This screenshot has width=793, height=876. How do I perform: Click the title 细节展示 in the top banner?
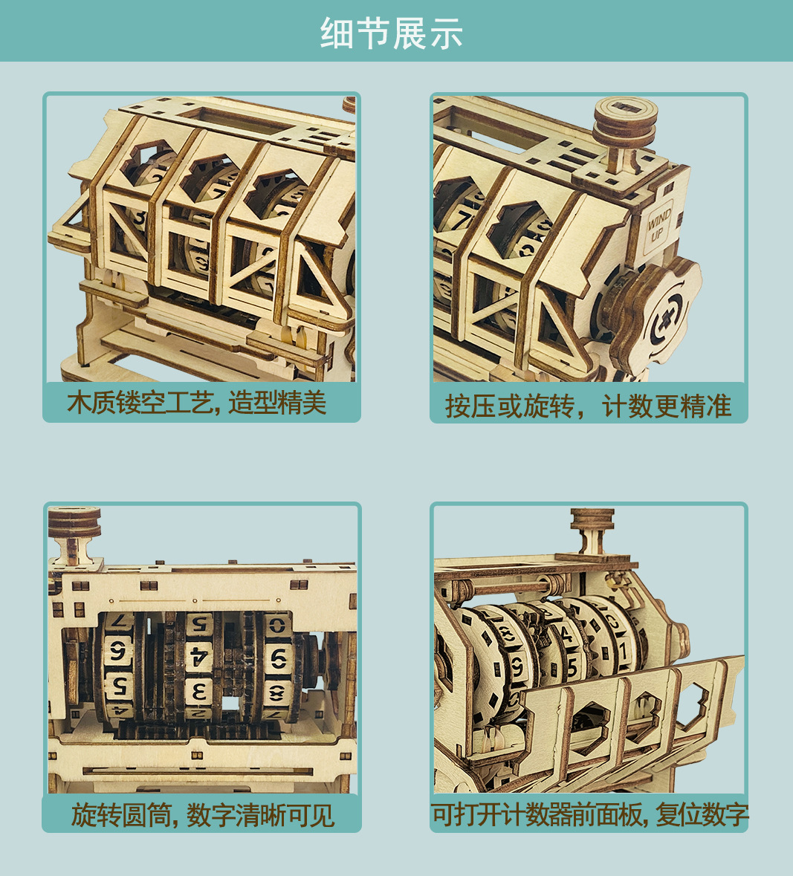click(x=392, y=33)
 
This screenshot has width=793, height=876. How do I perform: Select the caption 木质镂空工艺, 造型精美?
click(x=197, y=403)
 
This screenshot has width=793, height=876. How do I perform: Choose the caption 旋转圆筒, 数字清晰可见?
click(x=202, y=815)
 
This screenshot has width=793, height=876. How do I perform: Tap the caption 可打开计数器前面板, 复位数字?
click(x=589, y=815)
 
